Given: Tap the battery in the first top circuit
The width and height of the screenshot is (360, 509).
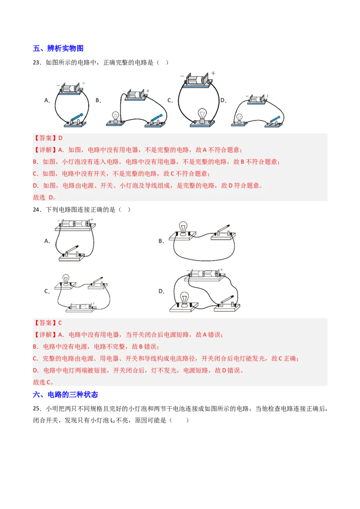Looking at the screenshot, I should pos(70,88).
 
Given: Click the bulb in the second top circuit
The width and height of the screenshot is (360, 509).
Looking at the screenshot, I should pos(116,117).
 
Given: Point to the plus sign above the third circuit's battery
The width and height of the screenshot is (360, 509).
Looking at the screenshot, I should pos(213,73).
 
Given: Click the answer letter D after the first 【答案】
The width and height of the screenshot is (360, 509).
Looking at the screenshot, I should pos(60,138).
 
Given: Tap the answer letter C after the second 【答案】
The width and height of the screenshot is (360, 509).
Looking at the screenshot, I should pos(60,323).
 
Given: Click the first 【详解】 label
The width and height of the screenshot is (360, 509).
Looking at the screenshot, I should pos(45,150).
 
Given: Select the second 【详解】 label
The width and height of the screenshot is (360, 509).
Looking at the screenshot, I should pos(45,335).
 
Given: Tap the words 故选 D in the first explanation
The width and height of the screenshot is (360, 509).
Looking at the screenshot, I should pos(45,197).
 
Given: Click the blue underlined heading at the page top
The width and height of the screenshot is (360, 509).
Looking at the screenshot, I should pos(59,48).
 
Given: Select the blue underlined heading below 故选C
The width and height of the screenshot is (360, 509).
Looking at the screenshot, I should pos(66,394).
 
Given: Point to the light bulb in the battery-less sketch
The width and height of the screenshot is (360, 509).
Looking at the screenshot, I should pos(183,227).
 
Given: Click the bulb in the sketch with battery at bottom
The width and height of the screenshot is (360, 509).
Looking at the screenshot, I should pos(66,281).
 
